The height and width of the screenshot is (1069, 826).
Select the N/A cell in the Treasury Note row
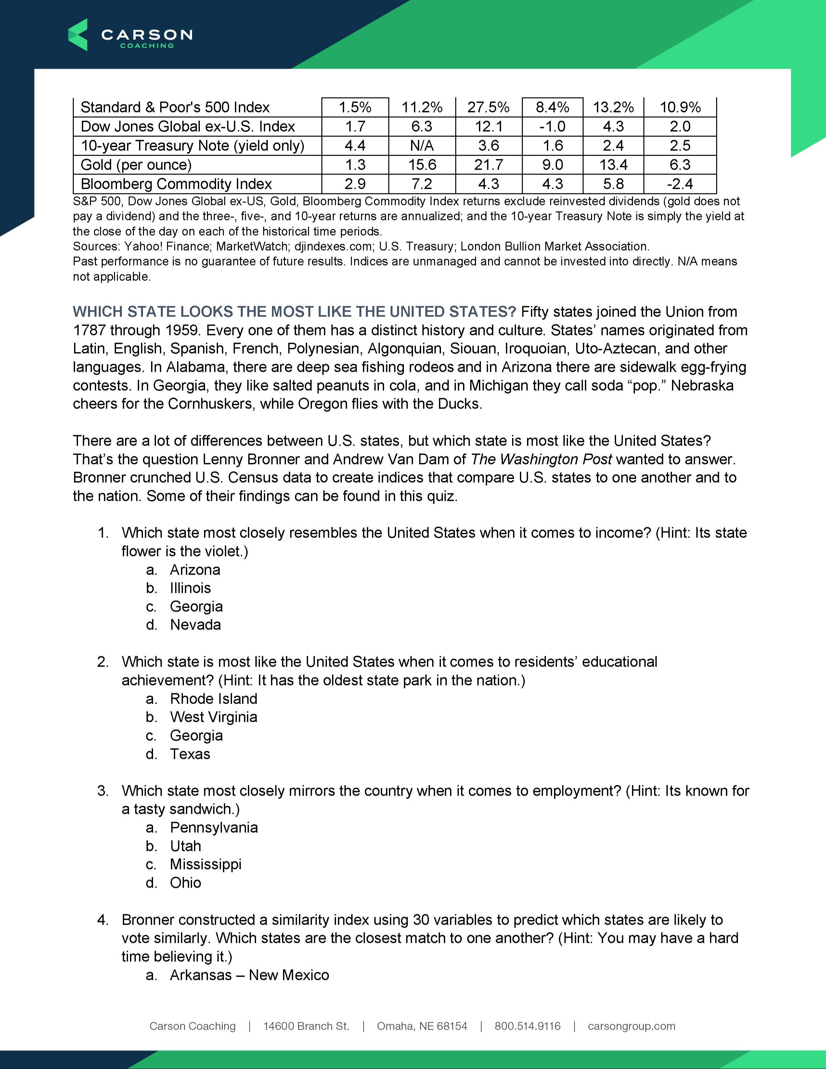pos(421,145)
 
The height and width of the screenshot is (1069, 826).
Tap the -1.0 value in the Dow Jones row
pos(552,126)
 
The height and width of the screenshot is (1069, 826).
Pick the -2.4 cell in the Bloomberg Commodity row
pos(680,184)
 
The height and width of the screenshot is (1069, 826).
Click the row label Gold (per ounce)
pos(136,165)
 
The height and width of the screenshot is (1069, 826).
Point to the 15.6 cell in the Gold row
pos(422,165)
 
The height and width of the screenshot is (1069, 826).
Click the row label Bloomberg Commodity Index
pos(176,184)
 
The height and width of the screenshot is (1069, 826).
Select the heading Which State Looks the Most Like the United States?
pos(294,312)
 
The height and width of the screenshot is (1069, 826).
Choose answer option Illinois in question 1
pos(190,588)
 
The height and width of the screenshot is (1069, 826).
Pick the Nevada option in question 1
pos(195,625)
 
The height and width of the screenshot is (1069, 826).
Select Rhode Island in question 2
pos(213,698)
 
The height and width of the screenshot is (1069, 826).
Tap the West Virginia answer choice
pos(213,717)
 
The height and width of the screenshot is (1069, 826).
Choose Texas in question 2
pos(190,754)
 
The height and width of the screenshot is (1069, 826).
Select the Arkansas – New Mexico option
pos(249,975)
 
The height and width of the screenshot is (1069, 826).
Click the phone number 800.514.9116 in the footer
pos(527,1026)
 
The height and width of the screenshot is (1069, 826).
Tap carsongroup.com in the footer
pos(631,1026)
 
